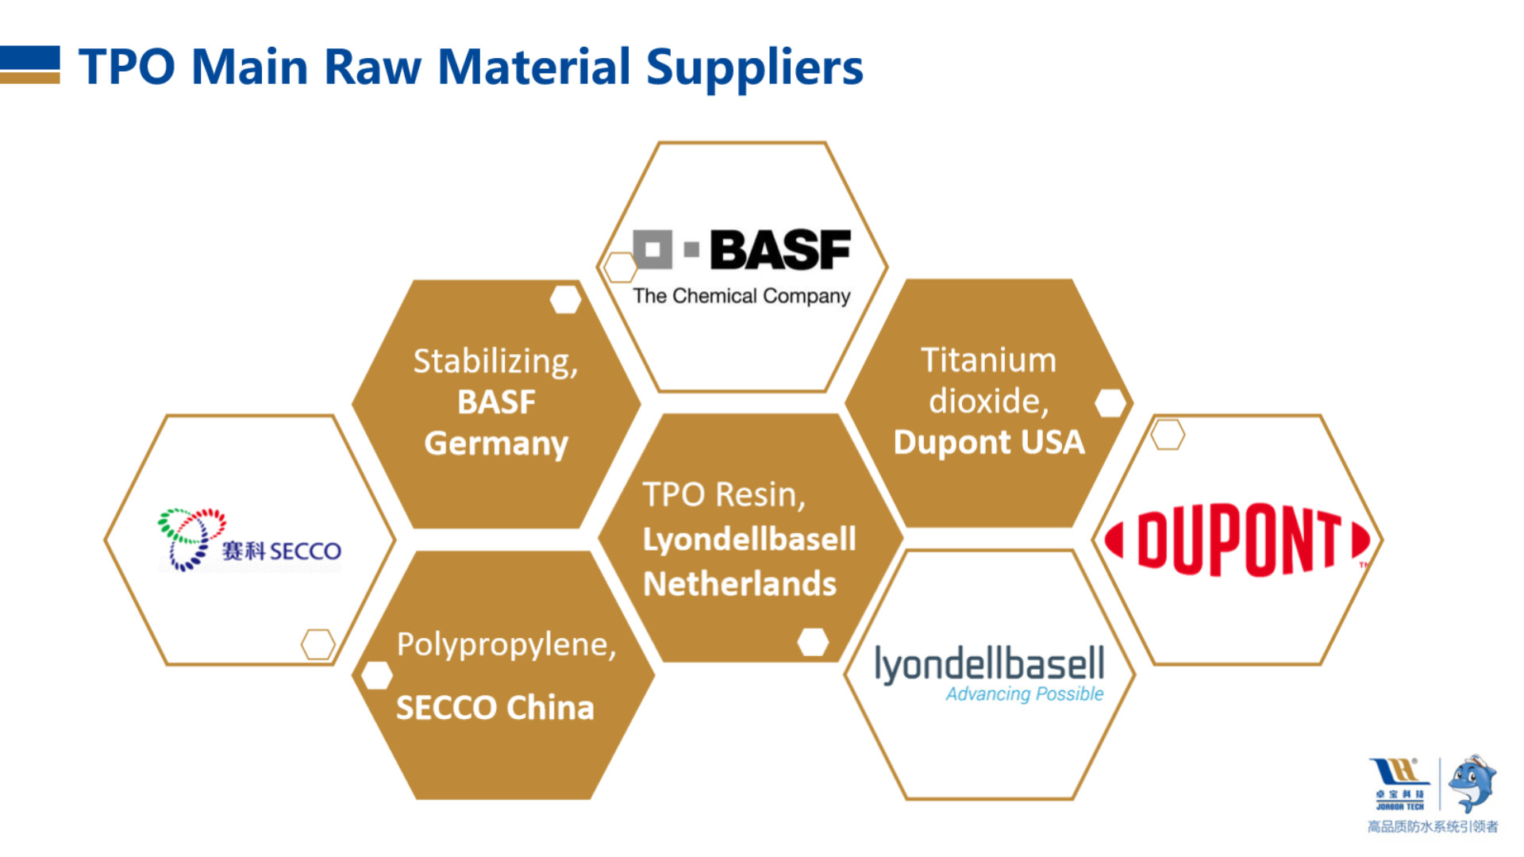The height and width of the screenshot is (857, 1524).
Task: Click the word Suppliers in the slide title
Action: pos(754,68)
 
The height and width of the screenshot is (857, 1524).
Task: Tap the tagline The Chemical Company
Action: pos(741,296)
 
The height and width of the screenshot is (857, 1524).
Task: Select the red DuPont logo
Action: pos(1237,540)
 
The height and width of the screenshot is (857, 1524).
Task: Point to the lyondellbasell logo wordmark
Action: pos(989,664)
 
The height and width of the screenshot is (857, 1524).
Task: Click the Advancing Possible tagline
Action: pos(1024,694)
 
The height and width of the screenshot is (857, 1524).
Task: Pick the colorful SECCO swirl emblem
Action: pos(191,540)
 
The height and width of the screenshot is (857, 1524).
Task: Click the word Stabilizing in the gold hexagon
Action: pos(495,362)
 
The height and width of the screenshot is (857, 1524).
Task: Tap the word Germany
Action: pos(496,444)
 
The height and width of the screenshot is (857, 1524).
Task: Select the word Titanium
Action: pos(988,360)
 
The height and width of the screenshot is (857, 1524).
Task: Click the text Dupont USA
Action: pos(988,442)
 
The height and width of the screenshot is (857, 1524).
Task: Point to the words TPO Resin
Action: pos(724,495)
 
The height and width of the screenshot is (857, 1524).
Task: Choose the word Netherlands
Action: pos(740,584)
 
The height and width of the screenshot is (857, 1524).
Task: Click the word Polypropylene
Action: pos(506,645)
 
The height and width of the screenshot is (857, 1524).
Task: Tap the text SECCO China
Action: pos(495,708)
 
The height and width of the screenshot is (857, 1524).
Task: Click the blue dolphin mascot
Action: pos(1472,783)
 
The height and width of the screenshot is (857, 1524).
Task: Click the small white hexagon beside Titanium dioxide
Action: pos(1110,403)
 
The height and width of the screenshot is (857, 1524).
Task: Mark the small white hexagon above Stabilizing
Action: pos(565,299)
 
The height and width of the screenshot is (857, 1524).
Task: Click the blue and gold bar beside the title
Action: pos(30,64)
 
